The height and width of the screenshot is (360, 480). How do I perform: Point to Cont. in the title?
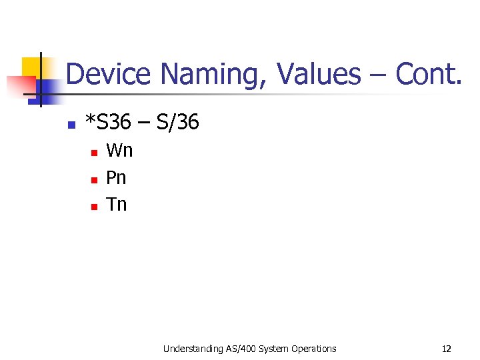point(429,74)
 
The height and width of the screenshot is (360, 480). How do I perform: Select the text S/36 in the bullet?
point(177,122)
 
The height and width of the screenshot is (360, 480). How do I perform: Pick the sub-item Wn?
point(119,151)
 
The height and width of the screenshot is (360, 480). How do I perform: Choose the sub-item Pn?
point(116,178)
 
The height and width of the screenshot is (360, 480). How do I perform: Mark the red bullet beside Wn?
point(94,153)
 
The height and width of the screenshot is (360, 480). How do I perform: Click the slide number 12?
point(446,349)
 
